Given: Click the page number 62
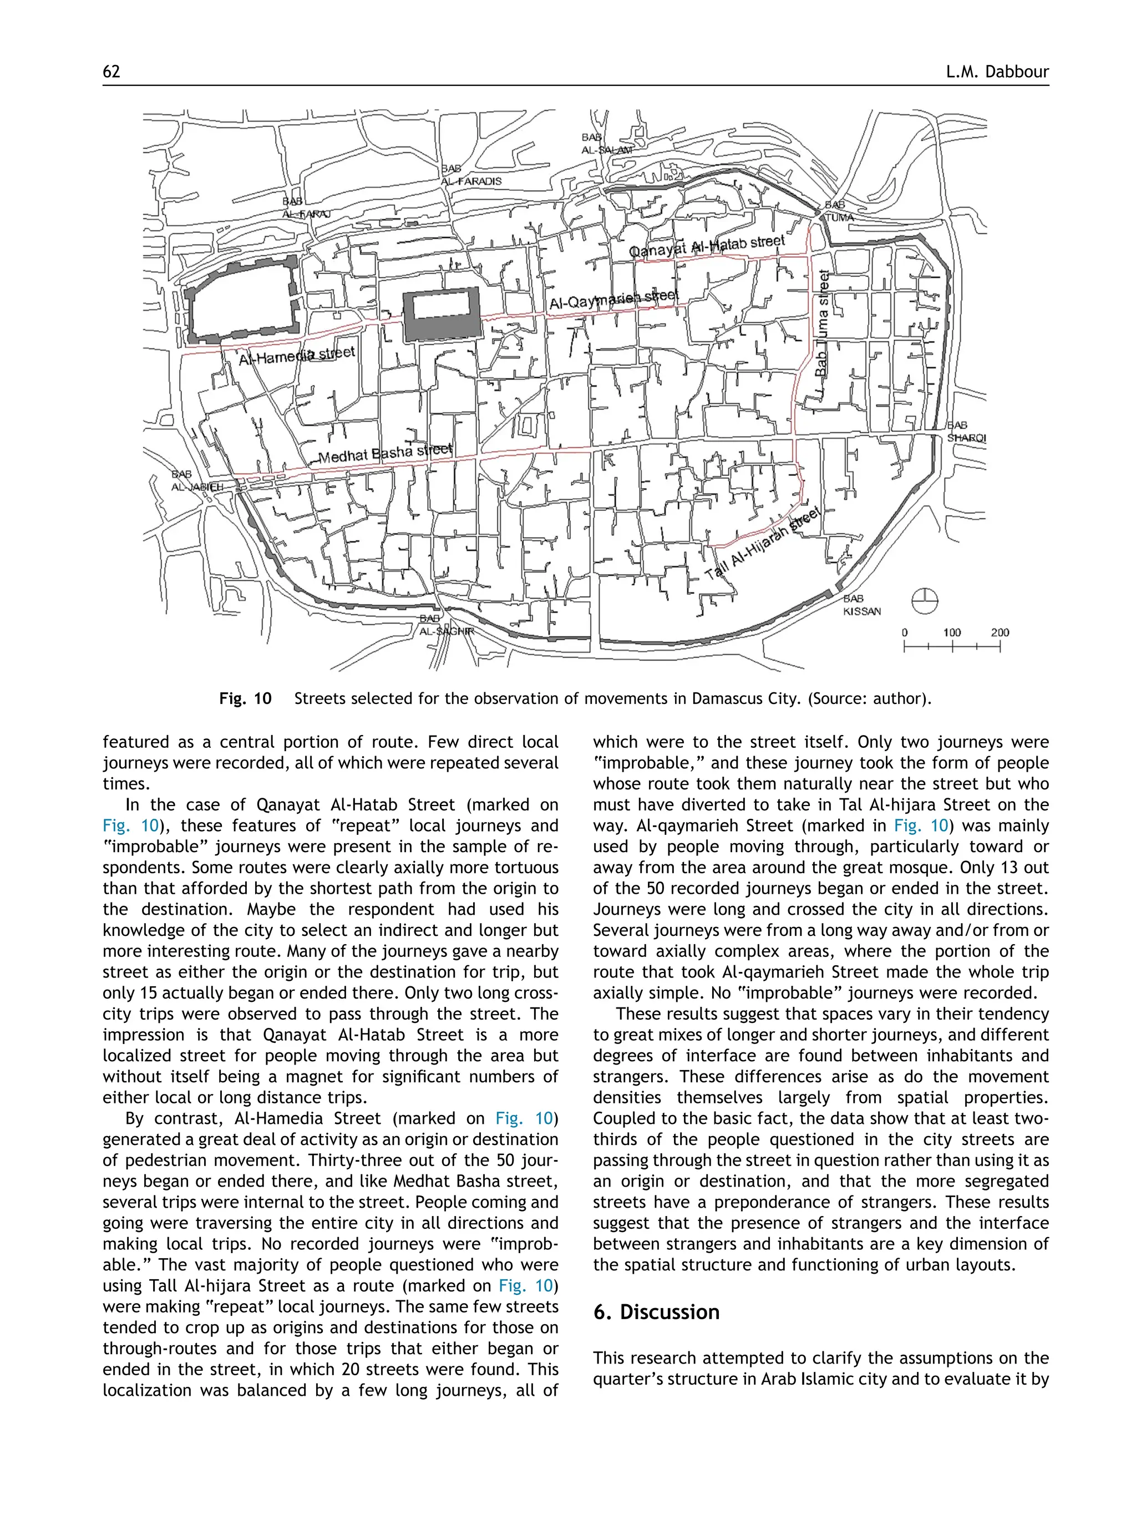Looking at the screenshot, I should point(111,72).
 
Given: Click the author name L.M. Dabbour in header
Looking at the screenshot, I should point(997,72).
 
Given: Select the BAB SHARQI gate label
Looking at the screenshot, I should point(966,432).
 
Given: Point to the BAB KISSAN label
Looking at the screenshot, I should point(861,605).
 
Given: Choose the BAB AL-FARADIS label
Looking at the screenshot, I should point(470,175).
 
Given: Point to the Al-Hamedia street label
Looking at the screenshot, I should point(297,355).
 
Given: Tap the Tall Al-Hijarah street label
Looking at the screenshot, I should point(762,545).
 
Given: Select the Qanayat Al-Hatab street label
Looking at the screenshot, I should point(707,246).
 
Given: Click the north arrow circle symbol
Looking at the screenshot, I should point(925,601).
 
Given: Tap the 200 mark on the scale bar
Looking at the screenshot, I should point(999,633).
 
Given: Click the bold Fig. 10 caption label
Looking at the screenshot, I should point(245,698).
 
